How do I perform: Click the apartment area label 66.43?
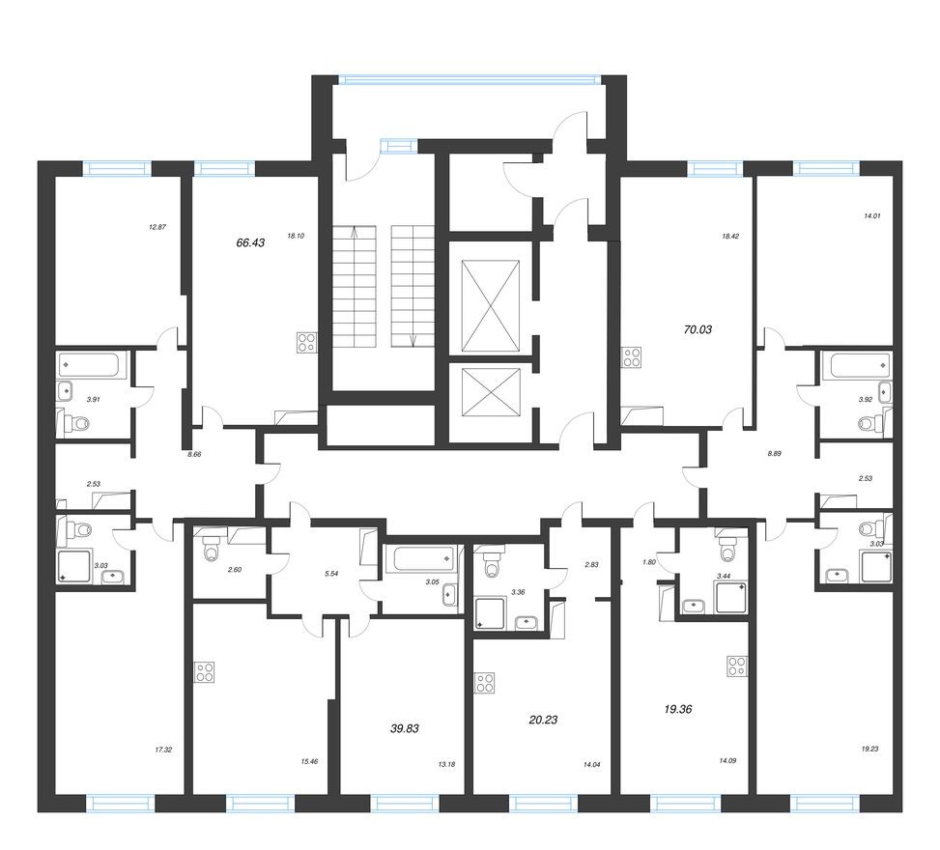pos(250,243)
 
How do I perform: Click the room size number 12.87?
pos(157,228)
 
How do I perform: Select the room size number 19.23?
pos(870,749)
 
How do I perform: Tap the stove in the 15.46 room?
pos(204,671)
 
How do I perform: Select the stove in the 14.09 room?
pos(737,666)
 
